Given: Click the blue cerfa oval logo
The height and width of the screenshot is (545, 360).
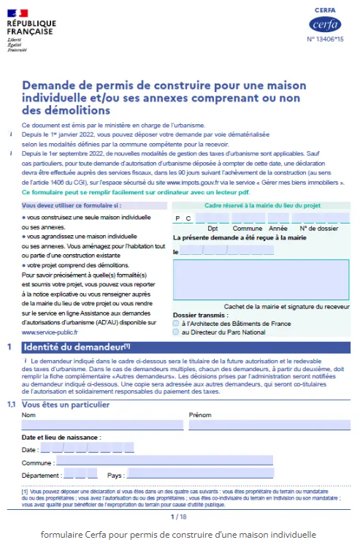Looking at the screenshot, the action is click(x=325, y=24).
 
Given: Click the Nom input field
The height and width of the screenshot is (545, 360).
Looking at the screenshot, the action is click(x=102, y=425).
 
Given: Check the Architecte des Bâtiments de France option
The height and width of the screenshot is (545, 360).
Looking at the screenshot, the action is click(x=176, y=323).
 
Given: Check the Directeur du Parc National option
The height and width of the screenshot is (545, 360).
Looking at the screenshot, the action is click(x=176, y=332).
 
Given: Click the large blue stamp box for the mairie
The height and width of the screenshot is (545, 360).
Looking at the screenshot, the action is click(x=261, y=280).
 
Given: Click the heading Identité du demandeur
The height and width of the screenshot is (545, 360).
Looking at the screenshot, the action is click(x=77, y=347).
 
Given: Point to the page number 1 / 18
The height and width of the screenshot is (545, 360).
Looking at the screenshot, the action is click(x=179, y=517).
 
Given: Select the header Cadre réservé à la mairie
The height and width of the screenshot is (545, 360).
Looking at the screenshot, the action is click(x=261, y=205).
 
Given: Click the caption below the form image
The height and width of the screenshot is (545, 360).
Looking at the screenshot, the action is click(x=179, y=534).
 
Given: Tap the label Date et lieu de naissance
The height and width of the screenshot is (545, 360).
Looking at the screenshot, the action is click(x=61, y=437).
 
